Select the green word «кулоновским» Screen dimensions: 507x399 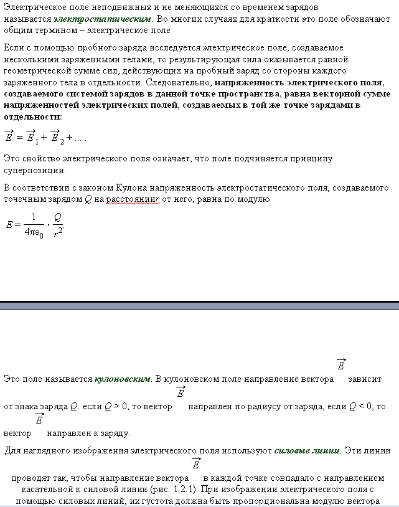coord(122,379)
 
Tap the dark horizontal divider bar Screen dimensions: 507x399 coord(199,305)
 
